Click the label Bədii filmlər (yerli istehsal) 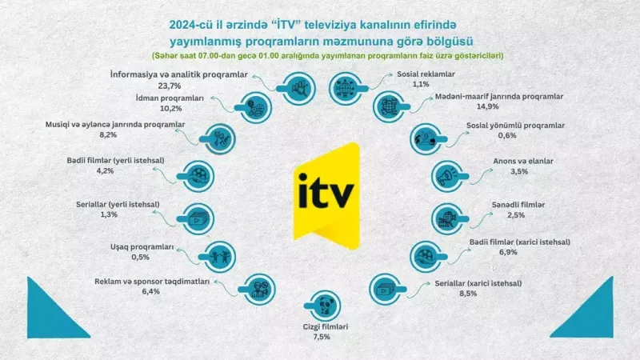pos(115,160)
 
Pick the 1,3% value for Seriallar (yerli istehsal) pos(110,214)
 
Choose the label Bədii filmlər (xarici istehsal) pos(519,241)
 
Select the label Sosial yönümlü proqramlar pos(515,126)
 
